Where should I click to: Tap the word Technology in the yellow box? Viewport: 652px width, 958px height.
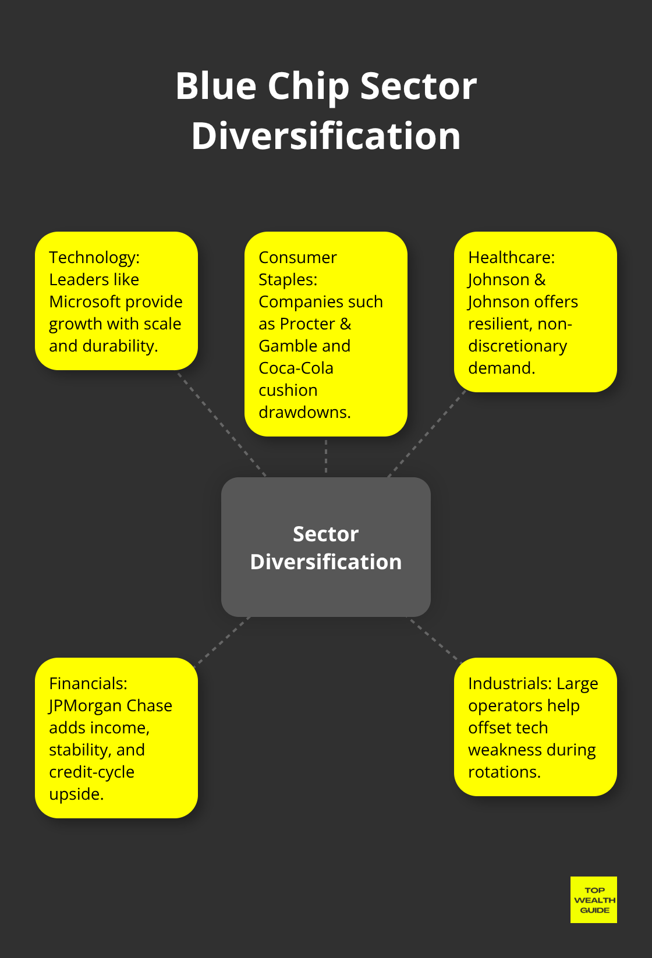tap(92, 257)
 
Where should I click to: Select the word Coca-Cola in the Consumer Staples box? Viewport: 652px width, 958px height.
tap(296, 368)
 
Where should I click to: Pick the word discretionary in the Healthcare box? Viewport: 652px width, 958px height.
tap(517, 346)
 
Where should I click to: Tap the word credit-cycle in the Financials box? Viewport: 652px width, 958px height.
tap(91, 772)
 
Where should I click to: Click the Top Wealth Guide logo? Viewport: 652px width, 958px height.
tap(593, 900)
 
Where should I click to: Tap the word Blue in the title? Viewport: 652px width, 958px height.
tap(215, 86)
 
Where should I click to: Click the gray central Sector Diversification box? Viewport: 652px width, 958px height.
tap(325, 547)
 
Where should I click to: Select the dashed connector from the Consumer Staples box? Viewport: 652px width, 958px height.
tap(326, 456)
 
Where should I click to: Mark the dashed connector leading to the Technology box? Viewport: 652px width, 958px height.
tap(222, 424)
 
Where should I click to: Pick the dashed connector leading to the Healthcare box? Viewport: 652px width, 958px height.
tap(428, 433)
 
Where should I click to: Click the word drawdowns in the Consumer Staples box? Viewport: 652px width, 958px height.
tap(304, 412)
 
